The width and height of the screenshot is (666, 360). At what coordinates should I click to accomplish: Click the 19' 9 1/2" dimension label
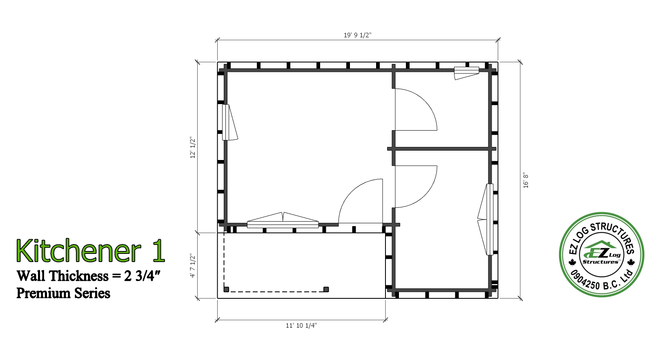(x=358, y=35)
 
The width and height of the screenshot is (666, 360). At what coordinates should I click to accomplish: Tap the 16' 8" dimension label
(x=526, y=180)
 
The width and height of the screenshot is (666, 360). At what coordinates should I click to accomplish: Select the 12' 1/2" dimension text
(x=193, y=147)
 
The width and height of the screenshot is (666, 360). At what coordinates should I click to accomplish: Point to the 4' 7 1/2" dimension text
(x=193, y=266)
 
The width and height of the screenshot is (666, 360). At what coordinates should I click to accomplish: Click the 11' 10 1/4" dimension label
(x=301, y=326)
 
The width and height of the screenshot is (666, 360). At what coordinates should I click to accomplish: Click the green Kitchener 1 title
(x=91, y=251)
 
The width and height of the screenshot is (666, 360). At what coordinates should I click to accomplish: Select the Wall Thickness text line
(x=89, y=276)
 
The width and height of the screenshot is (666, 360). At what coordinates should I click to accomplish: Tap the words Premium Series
(x=63, y=293)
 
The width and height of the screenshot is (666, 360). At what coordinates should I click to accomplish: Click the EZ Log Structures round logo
(x=602, y=254)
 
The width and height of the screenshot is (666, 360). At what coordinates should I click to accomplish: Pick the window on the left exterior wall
(x=229, y=122)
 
